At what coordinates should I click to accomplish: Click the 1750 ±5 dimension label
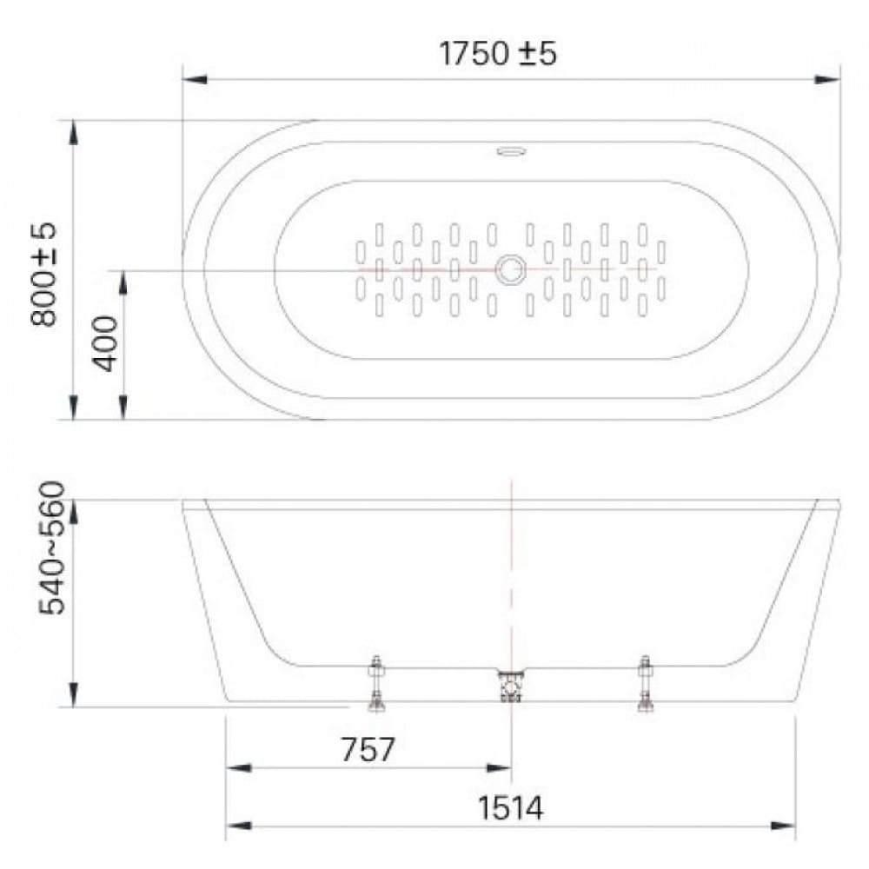click(x=497, y=54)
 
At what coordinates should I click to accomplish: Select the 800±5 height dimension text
click(x=43, y=274)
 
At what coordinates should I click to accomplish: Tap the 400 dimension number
click(x=105, y=344)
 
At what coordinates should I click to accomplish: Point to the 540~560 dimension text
click(x=52, y=547)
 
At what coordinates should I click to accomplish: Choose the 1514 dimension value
click(x=510, y=808)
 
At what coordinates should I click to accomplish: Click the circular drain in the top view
click(x=510, y=269)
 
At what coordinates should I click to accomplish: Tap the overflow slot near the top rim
click(x=511, y=152)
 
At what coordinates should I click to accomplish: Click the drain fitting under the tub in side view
click(x=511, y=687)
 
